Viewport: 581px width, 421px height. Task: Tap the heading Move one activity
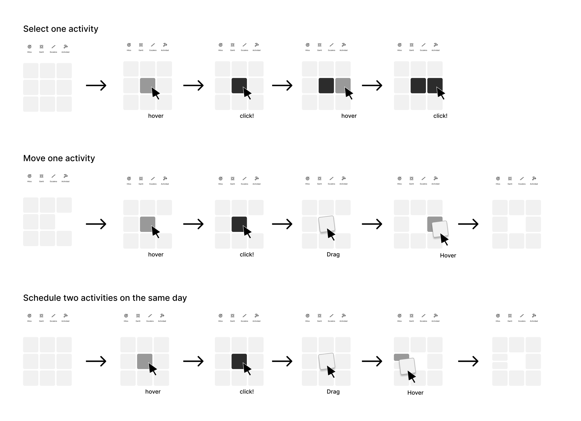(x=59, y=158)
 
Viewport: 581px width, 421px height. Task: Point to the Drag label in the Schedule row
(x=333, y=392)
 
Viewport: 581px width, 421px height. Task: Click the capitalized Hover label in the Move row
(x=448, y=256)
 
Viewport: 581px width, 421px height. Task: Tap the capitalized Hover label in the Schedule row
(x=415, y=393)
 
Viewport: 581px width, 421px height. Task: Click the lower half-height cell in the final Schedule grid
(x=499, y=365)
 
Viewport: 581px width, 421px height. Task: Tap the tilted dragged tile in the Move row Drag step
(x=326, y=224)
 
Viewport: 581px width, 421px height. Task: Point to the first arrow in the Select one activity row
(x=96, y=85)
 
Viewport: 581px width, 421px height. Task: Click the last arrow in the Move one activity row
(x=468, y=224)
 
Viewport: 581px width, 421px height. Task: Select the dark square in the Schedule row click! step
(x=239, y=361)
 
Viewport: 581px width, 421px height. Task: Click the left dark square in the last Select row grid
(x=418, y=86)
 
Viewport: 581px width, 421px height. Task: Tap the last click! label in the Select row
(x=440, y=116)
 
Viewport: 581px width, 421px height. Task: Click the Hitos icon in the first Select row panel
(x=30, y=47)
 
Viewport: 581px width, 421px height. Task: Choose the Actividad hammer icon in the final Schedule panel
(x=534, y=316)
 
